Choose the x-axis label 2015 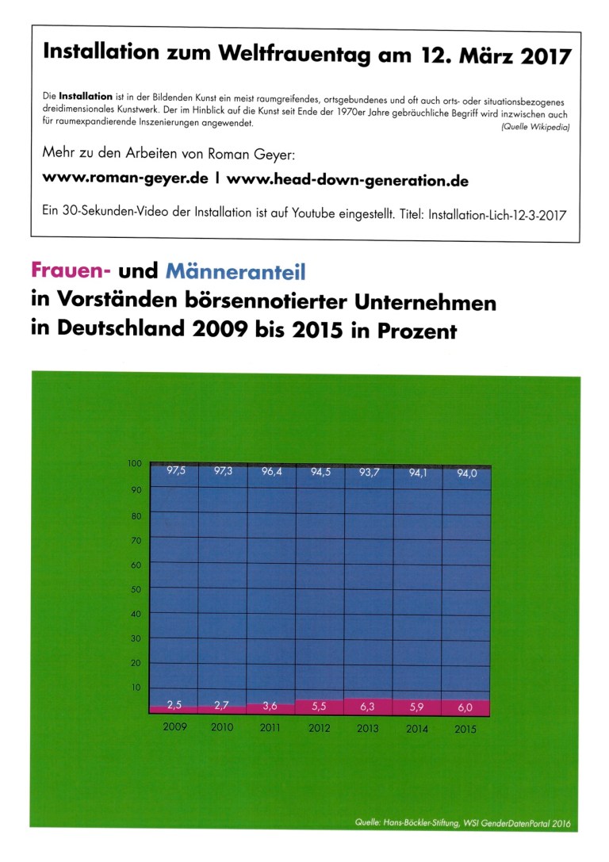coord(466,729)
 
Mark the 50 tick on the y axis coord(135,589)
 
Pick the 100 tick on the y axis coord(133,464)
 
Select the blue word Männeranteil coord(236,272)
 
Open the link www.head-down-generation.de coord(347,181)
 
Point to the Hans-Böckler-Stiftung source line coord(463,823)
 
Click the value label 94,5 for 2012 coord(320,473)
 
